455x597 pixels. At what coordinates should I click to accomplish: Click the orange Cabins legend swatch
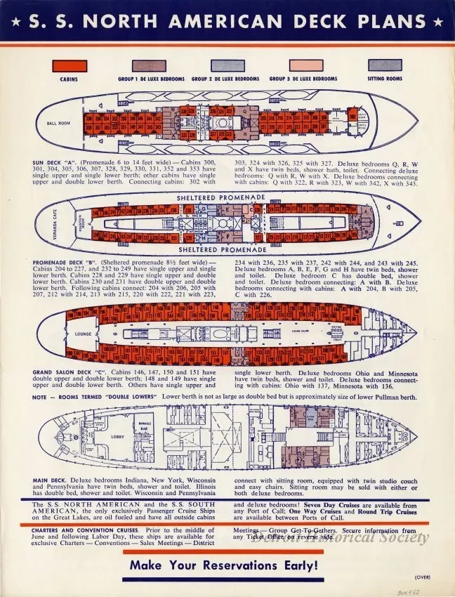tap(68, 65)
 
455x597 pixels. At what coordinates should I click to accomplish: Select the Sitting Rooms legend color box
tap(385, 65)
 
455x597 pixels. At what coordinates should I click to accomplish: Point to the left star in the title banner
tap(13, 20)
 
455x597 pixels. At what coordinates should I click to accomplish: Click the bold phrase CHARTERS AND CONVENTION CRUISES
tap(78, 530)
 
